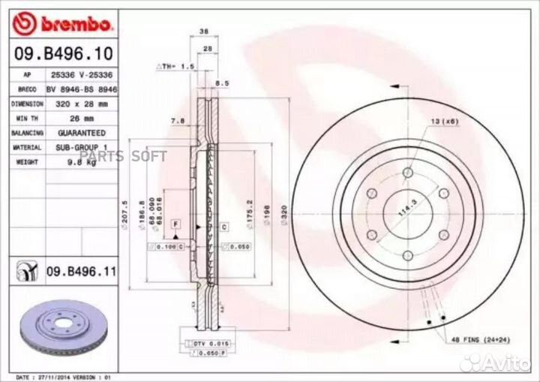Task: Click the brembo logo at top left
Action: [x=64, y=24]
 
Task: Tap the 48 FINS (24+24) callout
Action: [x=479, y=340]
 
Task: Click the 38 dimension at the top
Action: [x=204, y=32]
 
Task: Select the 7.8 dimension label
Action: [x=177, y=121]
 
